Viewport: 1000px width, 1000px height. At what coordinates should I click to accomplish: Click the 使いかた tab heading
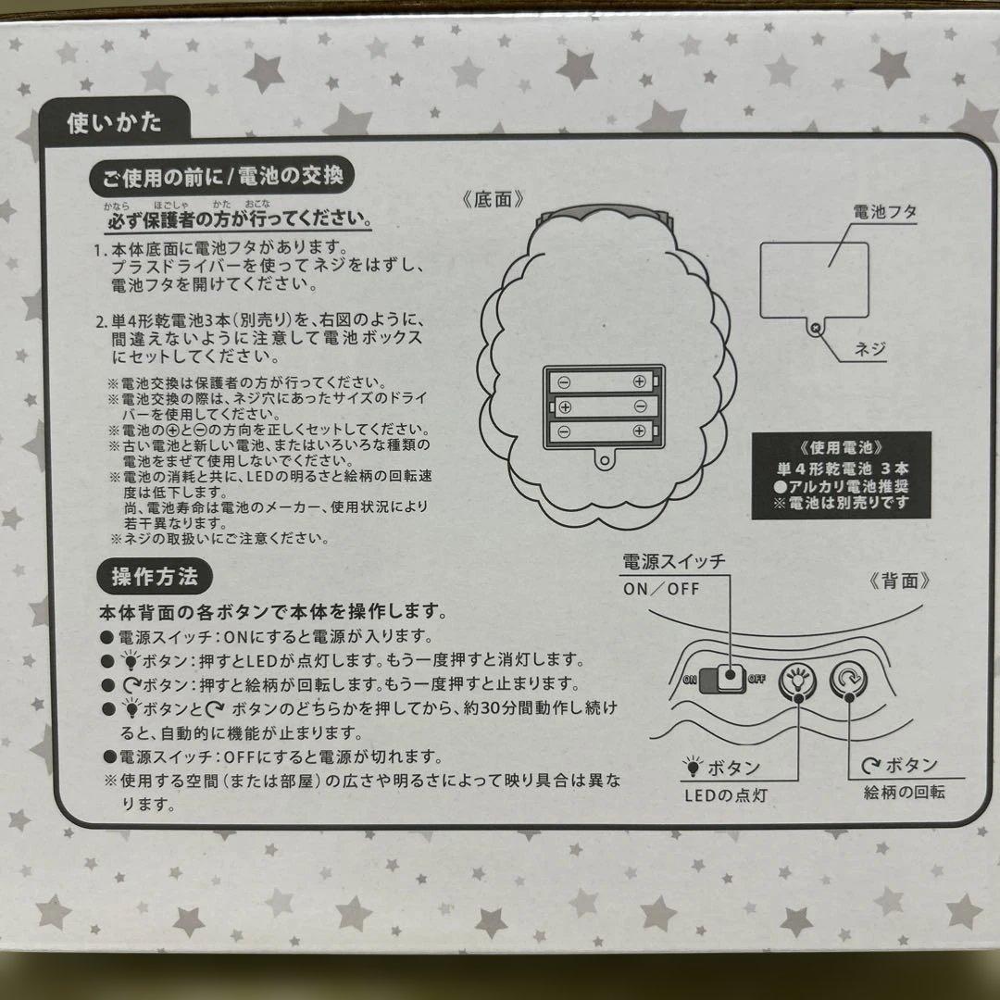pos(114,122)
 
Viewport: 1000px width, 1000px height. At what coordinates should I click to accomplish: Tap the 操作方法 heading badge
pos(155,577)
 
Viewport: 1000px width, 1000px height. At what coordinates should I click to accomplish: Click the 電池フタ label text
pos(885,213)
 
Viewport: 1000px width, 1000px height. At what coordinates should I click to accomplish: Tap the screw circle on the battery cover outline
pos(815,326)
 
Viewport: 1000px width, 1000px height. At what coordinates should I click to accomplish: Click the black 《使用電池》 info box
pos(829,474)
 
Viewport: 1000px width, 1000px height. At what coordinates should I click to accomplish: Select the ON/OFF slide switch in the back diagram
pos(723,678)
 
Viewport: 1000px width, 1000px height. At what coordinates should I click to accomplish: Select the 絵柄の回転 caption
pos(906,793)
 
